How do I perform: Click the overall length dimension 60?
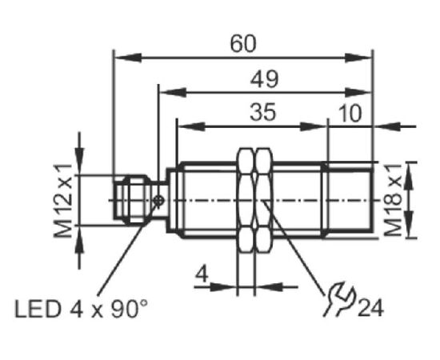[x=243, y=44]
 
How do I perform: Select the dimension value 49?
[x=264, y=79]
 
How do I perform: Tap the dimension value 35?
[x=263, y=113]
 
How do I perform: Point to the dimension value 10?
[x=350, y=114]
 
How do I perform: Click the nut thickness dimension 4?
[x=202, y=274]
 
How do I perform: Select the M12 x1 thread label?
[x=63, y=201]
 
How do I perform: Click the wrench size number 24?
[x=370, y=308]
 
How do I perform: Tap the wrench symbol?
[x=340, y=300]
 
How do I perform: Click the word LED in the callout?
[x=38, y=310]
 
